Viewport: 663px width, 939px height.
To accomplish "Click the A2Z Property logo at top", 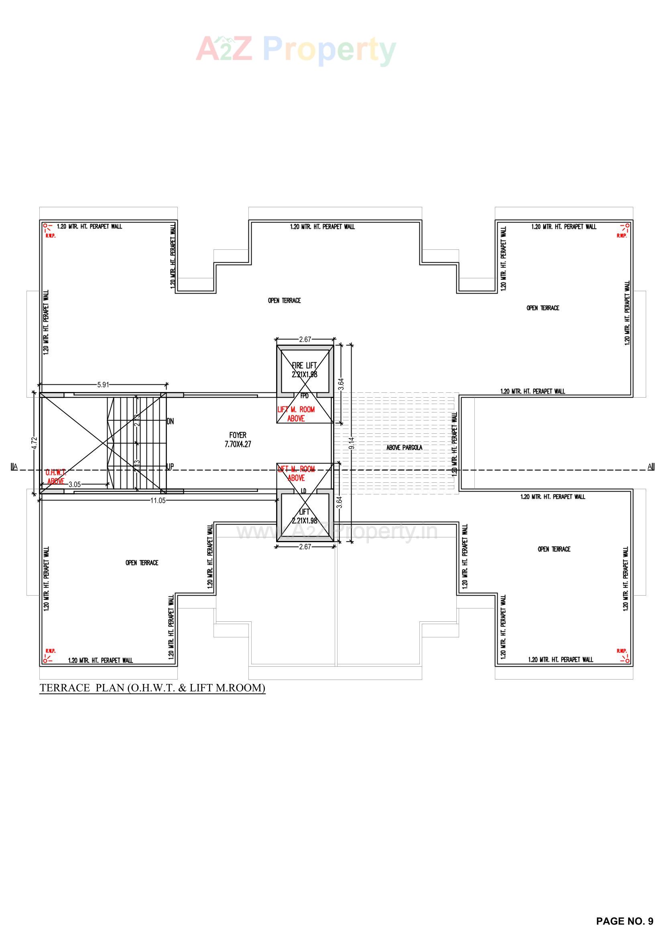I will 296,50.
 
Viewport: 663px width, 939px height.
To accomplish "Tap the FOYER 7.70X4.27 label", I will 238,440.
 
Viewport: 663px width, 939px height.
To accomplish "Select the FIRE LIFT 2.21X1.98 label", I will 305,370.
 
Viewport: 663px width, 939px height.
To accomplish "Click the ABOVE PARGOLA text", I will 404,447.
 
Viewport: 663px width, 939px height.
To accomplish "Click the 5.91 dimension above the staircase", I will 103,384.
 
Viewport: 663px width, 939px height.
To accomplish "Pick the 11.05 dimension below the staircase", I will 158,500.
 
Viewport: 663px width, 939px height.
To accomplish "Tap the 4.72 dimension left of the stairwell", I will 35,443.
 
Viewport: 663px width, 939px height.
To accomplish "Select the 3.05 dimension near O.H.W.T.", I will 74,485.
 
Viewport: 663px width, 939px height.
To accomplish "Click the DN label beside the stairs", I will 170,421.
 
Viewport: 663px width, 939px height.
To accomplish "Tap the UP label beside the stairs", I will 170,466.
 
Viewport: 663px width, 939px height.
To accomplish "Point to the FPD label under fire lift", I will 304,396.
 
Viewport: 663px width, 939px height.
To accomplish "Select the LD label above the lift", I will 304,490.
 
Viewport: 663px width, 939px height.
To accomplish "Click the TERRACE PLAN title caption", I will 153,688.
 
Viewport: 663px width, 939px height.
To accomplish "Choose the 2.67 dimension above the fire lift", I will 305,339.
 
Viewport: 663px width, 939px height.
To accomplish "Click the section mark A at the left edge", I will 14,467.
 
